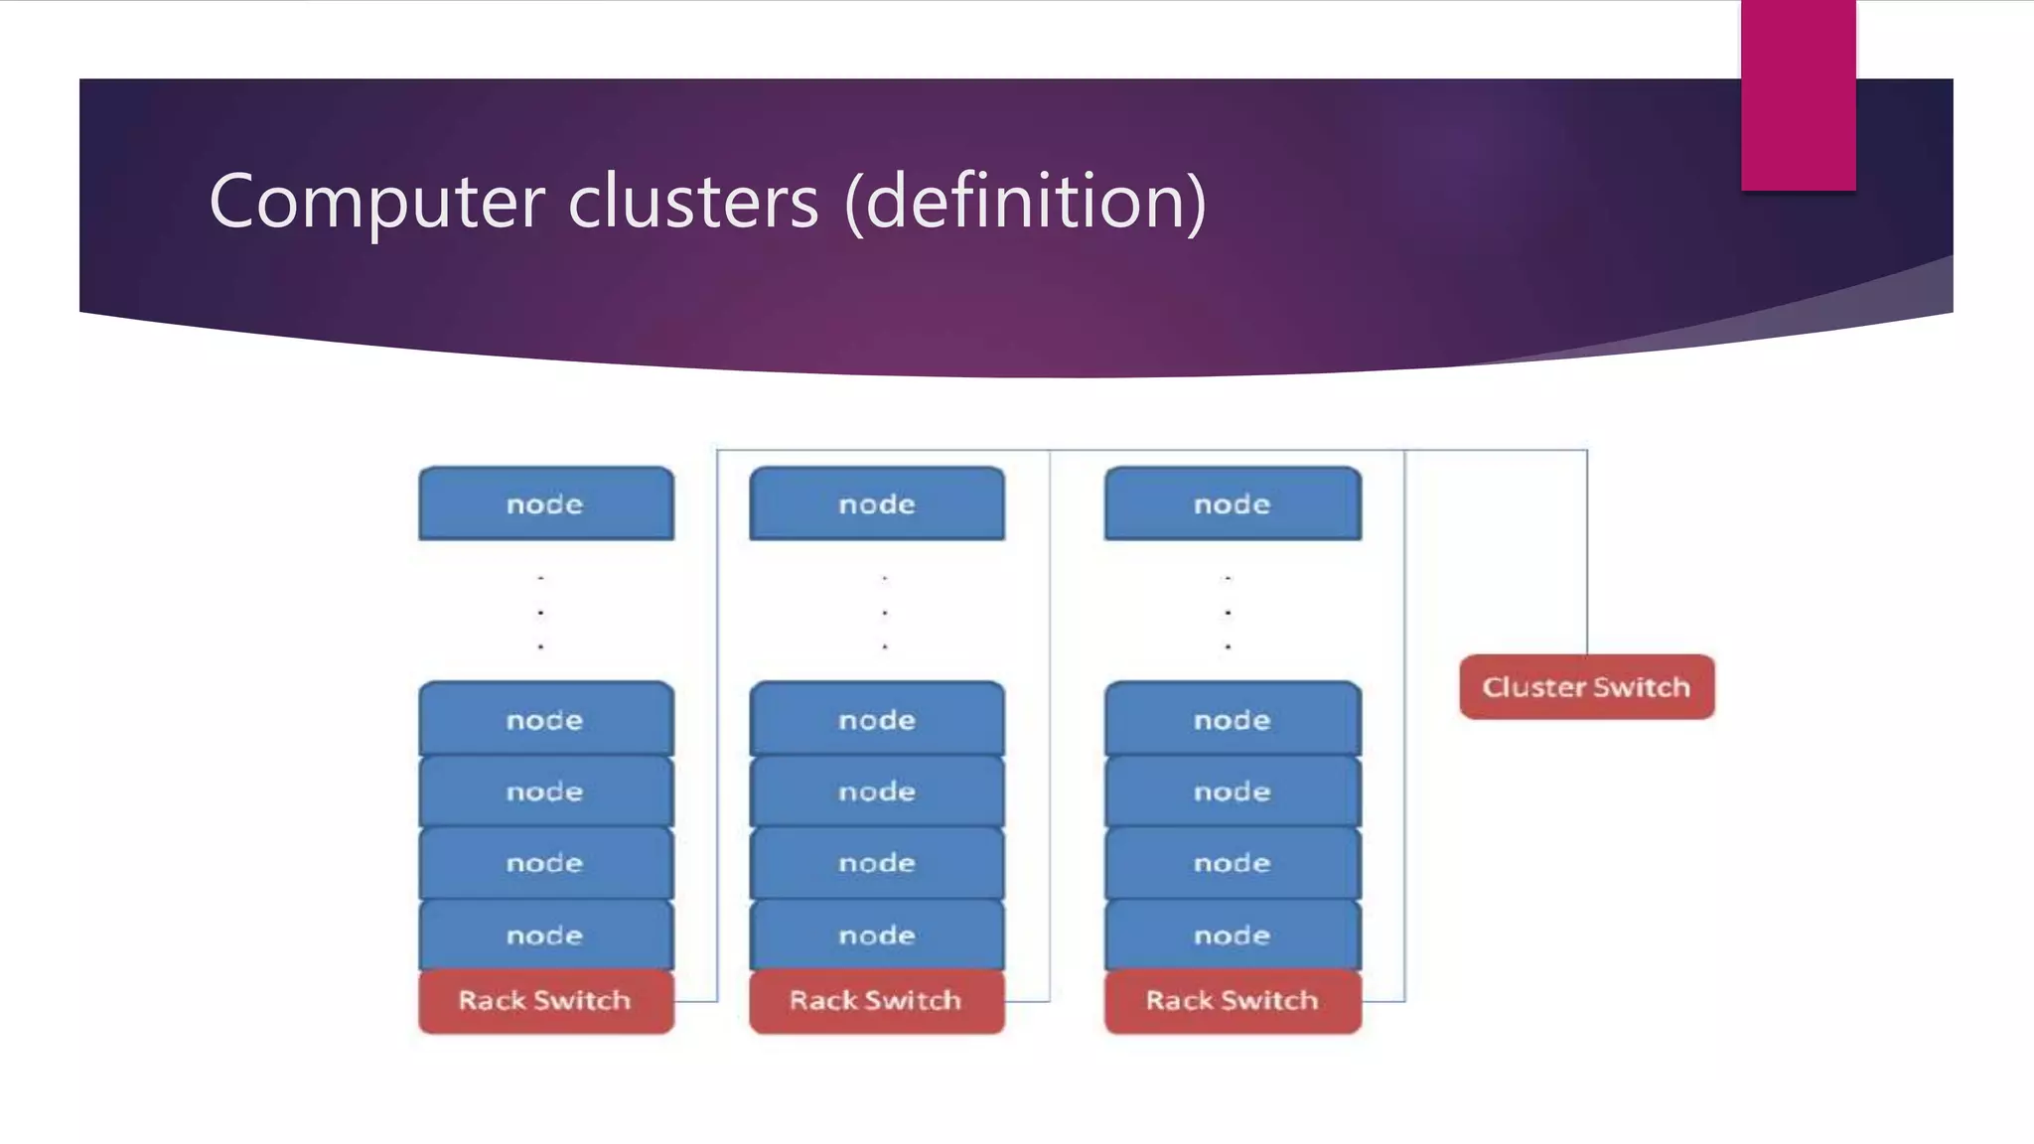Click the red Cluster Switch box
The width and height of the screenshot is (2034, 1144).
tap(1586, 687)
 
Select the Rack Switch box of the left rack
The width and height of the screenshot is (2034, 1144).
tap(545, 1001)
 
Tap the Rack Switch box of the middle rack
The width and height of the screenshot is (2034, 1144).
tap(876, 1001)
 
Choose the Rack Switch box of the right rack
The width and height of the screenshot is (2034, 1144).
tap(1232, 1001)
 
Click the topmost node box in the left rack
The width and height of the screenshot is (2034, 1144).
tap(545, 504)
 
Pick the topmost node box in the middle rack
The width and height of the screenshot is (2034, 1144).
tap(876, 504)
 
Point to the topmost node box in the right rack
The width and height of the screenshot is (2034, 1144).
tap(1232, 504)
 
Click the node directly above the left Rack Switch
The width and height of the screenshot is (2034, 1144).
tap(545, 935)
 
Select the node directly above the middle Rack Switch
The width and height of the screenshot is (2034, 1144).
tap(876, 935)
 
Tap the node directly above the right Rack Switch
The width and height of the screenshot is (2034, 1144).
tap(1232, 935)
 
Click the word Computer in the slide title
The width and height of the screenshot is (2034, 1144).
tap(376, 202)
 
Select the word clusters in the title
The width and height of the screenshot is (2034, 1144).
tap(693, 202)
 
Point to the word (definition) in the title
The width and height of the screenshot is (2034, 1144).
tap(1025, 202)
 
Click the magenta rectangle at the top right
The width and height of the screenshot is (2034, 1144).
tap(1798, 94)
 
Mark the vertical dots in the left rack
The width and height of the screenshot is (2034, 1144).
tap(540, 612)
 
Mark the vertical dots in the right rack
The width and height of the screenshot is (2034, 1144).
tap(1228, 612)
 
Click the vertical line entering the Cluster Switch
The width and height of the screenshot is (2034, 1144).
tap(1586, 556)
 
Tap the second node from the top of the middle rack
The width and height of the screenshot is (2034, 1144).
tap(876, 720)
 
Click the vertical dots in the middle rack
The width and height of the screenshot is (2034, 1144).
tap(884, 612)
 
